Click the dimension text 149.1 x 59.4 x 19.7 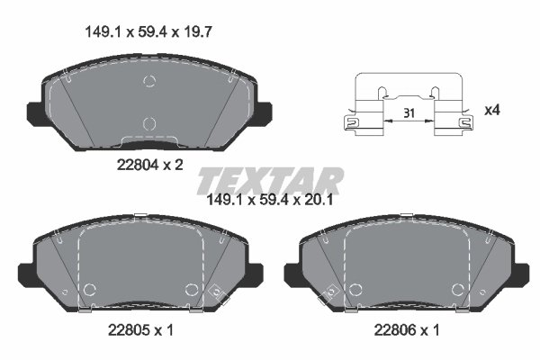coord(147,31)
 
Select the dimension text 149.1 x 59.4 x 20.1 coord(271,201)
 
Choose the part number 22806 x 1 coord(407,330)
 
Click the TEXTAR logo coord(271,178)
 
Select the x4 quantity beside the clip coord(491,110)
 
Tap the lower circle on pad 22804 coord(149,122)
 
